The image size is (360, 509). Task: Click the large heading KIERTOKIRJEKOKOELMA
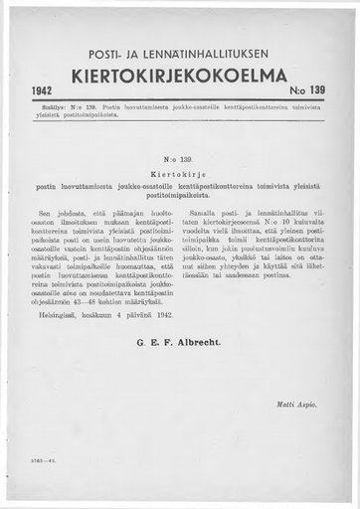(180, 77)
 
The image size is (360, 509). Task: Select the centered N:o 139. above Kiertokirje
(180, 158)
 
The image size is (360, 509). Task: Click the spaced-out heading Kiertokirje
(180, 171)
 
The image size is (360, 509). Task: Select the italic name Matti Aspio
(301, 409)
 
